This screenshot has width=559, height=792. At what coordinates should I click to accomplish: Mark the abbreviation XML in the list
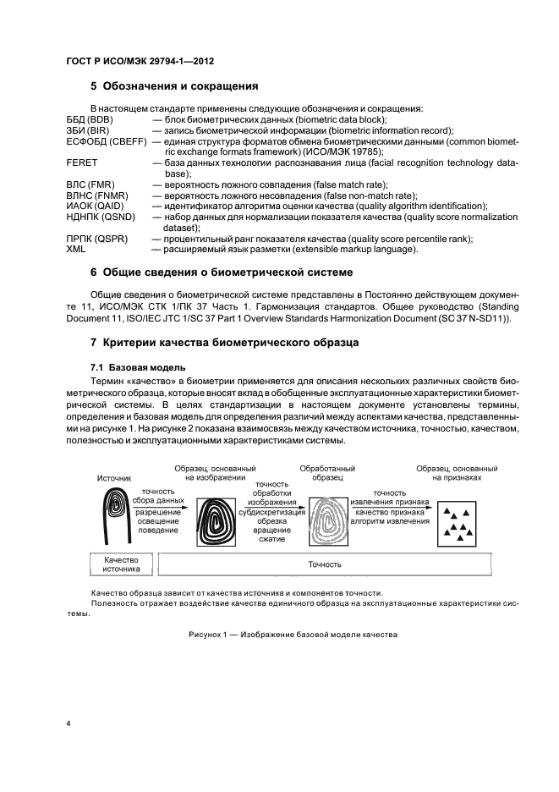pos(77,250)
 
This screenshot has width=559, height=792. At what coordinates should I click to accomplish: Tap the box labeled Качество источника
pos(121,564)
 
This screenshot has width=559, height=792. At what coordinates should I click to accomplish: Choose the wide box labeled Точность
pos(371,564)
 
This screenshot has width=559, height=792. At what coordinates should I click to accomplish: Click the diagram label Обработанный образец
pos(327,472)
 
